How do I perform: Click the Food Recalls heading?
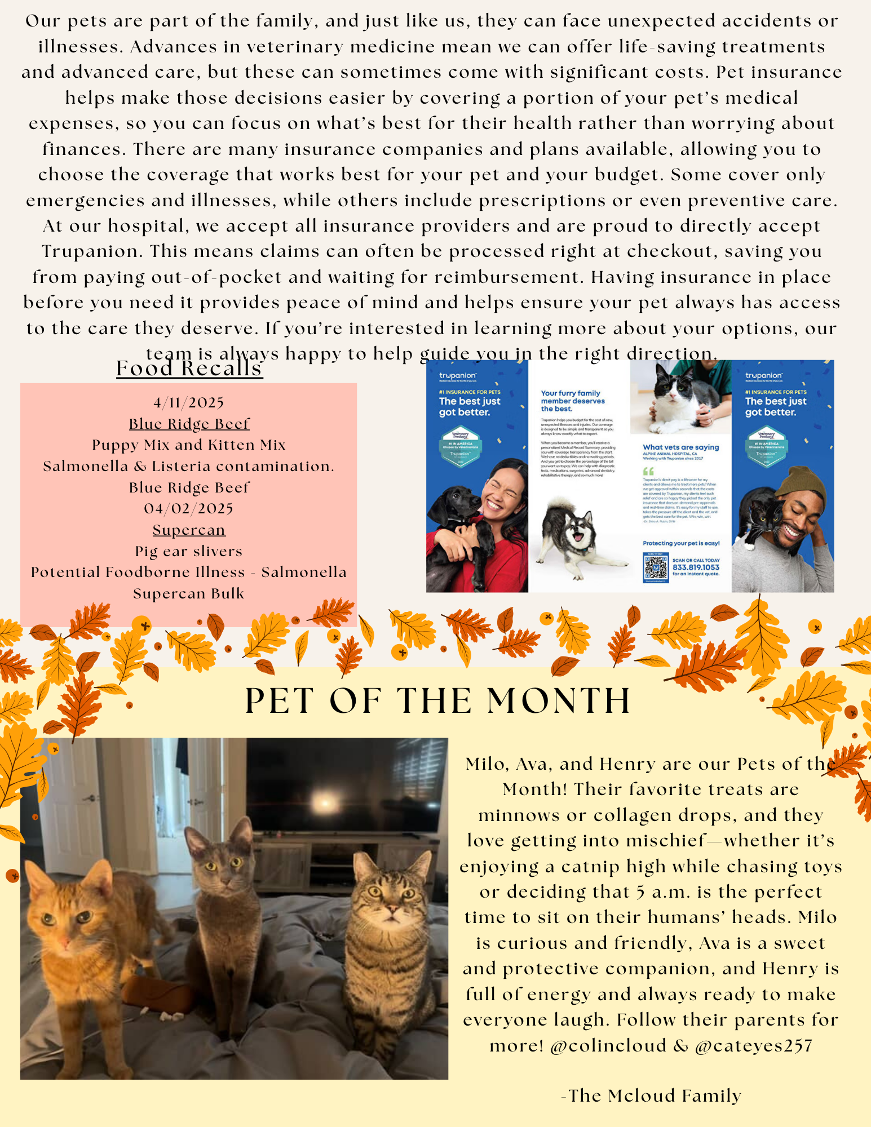click(x=189, y=369)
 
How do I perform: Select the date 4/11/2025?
click(x=189, y=403)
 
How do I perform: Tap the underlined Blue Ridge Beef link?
click(x=189, y=424)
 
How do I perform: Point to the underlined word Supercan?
click(x=189, y=530)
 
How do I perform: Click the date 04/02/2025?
click(x=189, y=509)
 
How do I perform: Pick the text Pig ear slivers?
click(x=189, y=551)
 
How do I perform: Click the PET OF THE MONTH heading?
click(x=437, y=701)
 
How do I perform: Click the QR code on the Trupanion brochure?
click(x=656, y=567)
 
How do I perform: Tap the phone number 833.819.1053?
click(x=696, y=567)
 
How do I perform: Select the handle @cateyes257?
click(x=754, y=1046)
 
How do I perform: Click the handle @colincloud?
click(x=608, y=1046)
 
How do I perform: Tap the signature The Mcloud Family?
click(x=654, y=1095)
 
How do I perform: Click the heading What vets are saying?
click(x=681, y=447)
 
